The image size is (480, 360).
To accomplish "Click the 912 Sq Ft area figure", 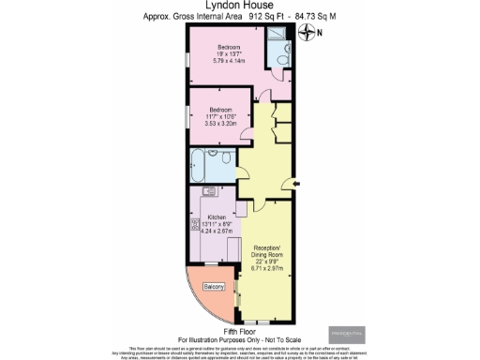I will tap(245, 16).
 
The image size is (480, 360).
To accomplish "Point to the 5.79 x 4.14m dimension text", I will tap(230, 61).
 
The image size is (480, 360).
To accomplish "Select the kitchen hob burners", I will tap(196, 225).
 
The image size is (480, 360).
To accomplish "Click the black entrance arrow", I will tap(296, 183).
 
